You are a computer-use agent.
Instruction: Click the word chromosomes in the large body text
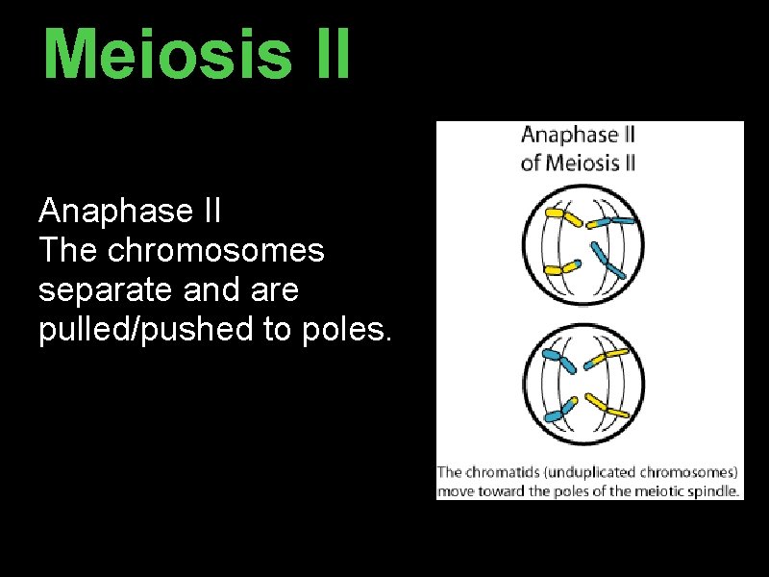pos(216,250)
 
